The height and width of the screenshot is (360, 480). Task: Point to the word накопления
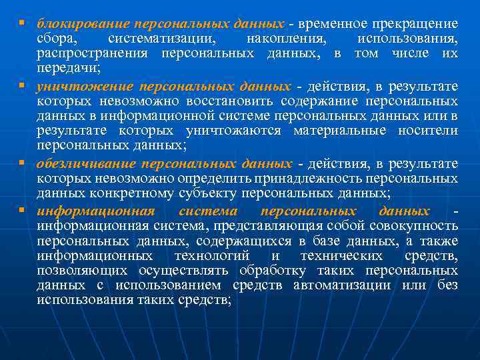coord(279,38)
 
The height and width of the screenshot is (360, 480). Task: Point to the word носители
coord(427,131)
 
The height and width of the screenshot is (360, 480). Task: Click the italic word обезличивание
coord(83,164)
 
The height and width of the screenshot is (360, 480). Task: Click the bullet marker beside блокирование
coord(22,23)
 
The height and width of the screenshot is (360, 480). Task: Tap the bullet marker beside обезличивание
coord(22,163)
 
